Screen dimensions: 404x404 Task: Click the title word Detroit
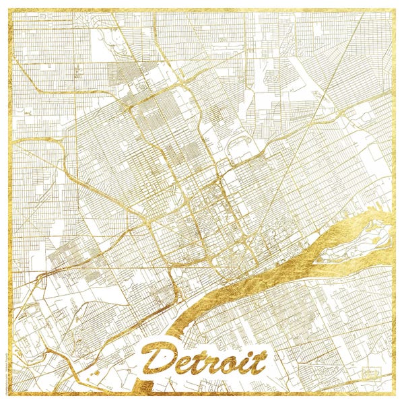[205, 362]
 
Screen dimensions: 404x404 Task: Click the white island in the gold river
[353, 242]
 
